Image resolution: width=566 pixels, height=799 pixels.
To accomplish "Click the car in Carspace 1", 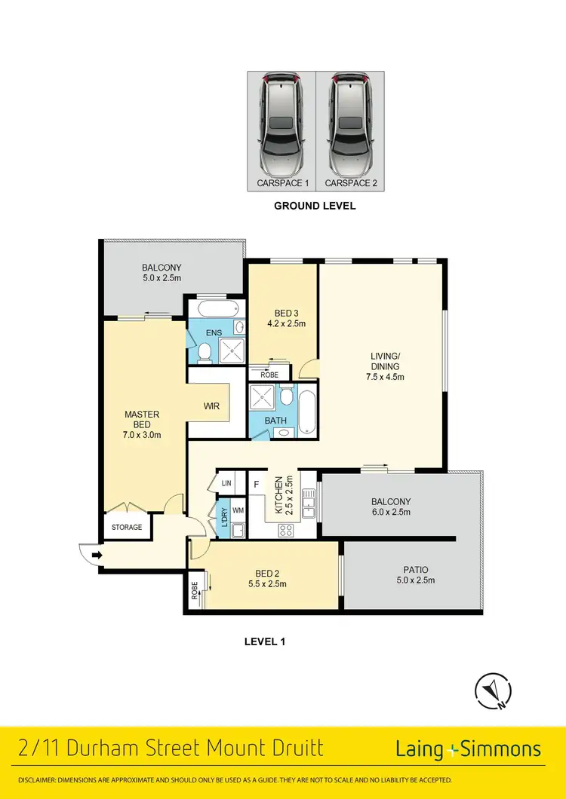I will tap(281, 124).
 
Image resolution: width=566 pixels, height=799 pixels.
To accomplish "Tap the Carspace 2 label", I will tap(349, 183).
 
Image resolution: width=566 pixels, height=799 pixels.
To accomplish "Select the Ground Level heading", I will tap(314, 206).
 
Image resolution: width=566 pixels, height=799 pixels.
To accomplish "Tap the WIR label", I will tap(211, 406).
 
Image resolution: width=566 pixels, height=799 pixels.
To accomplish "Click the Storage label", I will tap(127, 527).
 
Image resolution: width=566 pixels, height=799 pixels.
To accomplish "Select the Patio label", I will tap(411, 569).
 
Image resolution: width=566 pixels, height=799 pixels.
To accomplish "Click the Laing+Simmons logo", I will tap(468, 748).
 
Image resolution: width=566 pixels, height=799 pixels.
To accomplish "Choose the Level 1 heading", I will tap(264, 642).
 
